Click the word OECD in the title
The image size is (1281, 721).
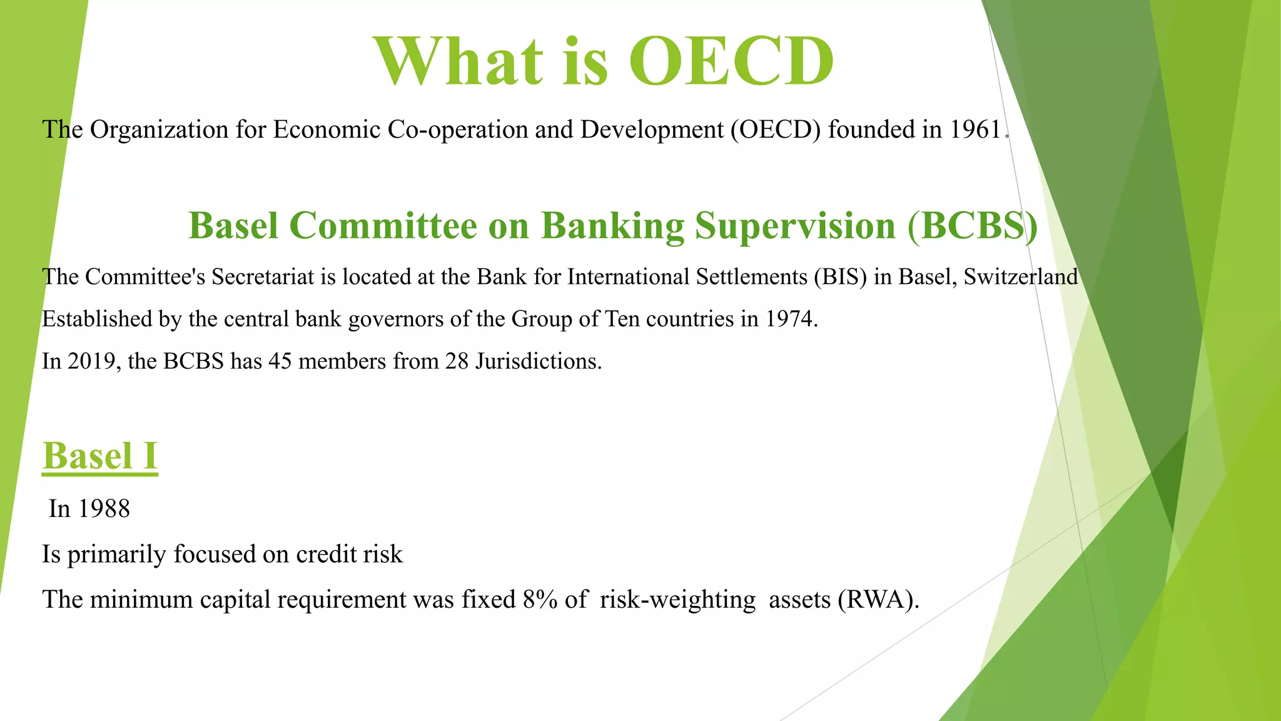731,61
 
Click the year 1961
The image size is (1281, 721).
976,130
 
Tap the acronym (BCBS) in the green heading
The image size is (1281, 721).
972,225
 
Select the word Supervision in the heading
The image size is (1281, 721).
795,225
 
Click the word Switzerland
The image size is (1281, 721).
1021,277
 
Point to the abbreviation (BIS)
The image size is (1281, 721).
840,277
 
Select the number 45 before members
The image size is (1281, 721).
280,361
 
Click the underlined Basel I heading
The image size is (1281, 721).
100,456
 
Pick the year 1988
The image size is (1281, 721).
103,509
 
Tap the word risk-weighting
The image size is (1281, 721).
677,600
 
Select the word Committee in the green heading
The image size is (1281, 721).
383,225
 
